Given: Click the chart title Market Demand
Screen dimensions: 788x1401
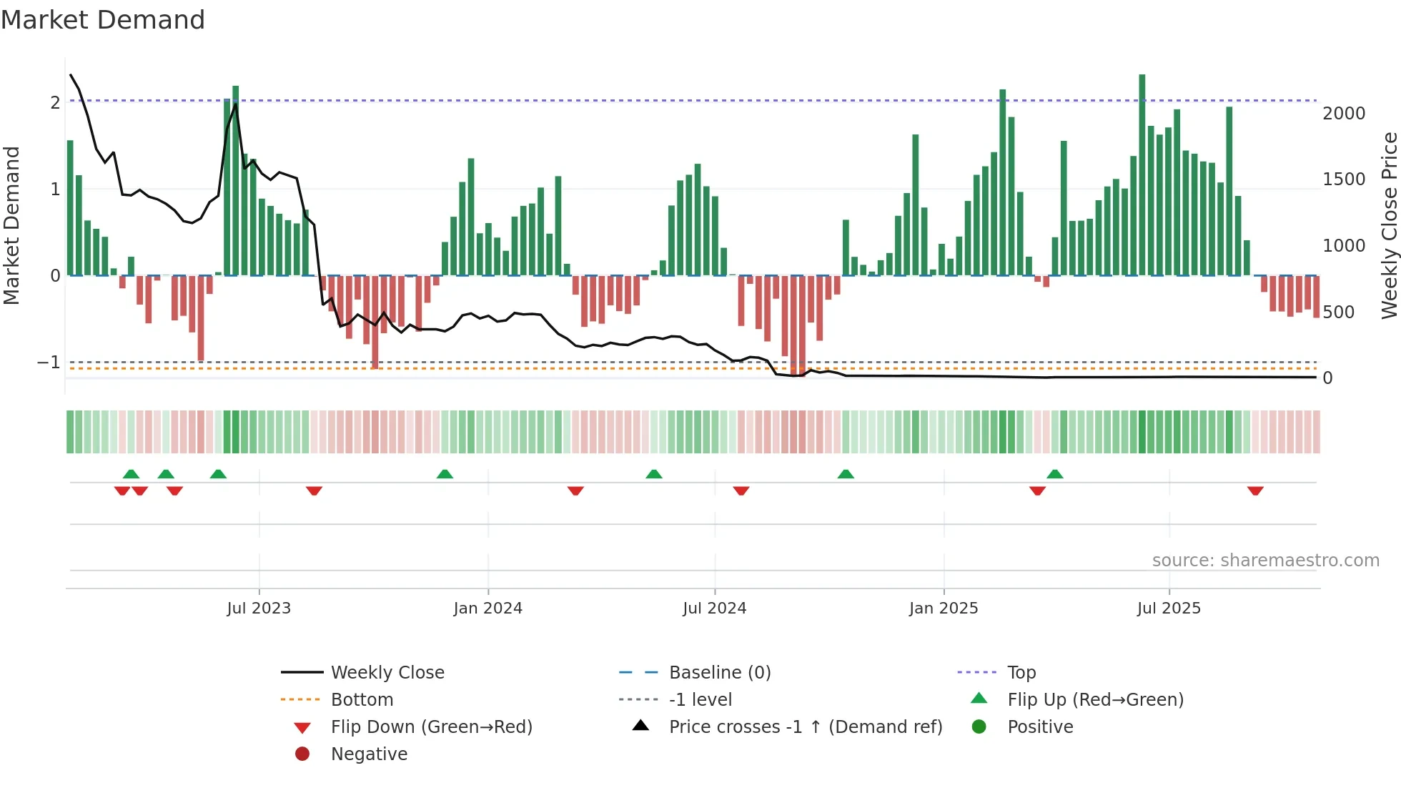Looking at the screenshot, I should (x=103, y=20).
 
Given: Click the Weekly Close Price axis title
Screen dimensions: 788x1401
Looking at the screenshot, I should (x=1389, y=225).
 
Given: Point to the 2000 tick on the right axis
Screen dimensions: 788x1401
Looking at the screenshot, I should (x=1344, y=113).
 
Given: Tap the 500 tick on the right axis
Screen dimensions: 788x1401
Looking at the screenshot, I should (x=1338, y=312).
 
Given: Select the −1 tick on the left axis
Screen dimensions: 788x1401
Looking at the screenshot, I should (x=49, y=362).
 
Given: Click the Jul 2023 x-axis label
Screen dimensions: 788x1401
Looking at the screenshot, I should (x=259, y=608).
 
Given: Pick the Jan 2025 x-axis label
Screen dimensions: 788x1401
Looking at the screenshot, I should (x=944, y=608).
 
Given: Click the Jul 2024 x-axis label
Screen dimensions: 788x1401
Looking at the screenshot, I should (x=714, y=608).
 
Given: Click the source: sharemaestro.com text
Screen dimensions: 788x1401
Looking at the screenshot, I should (x=1265, y=560).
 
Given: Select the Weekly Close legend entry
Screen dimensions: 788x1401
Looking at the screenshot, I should (x=387, y=672).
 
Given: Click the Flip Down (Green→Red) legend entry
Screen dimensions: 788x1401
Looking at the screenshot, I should (x=431, y=727).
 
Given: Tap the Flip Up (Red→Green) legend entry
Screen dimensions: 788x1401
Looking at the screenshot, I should (x=1095, y=699).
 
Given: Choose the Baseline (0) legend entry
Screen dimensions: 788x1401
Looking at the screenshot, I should (x=719, y=672).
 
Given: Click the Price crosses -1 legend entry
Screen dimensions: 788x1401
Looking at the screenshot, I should (x=805, y=727).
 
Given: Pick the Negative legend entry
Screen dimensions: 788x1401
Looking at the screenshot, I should (x=369, y=754).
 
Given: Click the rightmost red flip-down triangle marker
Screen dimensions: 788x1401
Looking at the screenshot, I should (x=1255, y=491).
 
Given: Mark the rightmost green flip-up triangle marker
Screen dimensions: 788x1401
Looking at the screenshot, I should (x=1055, y=474).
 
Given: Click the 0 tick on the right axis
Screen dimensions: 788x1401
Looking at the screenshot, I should (x=1327, y=378).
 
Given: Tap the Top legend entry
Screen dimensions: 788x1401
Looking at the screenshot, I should (x=1021, y=672).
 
